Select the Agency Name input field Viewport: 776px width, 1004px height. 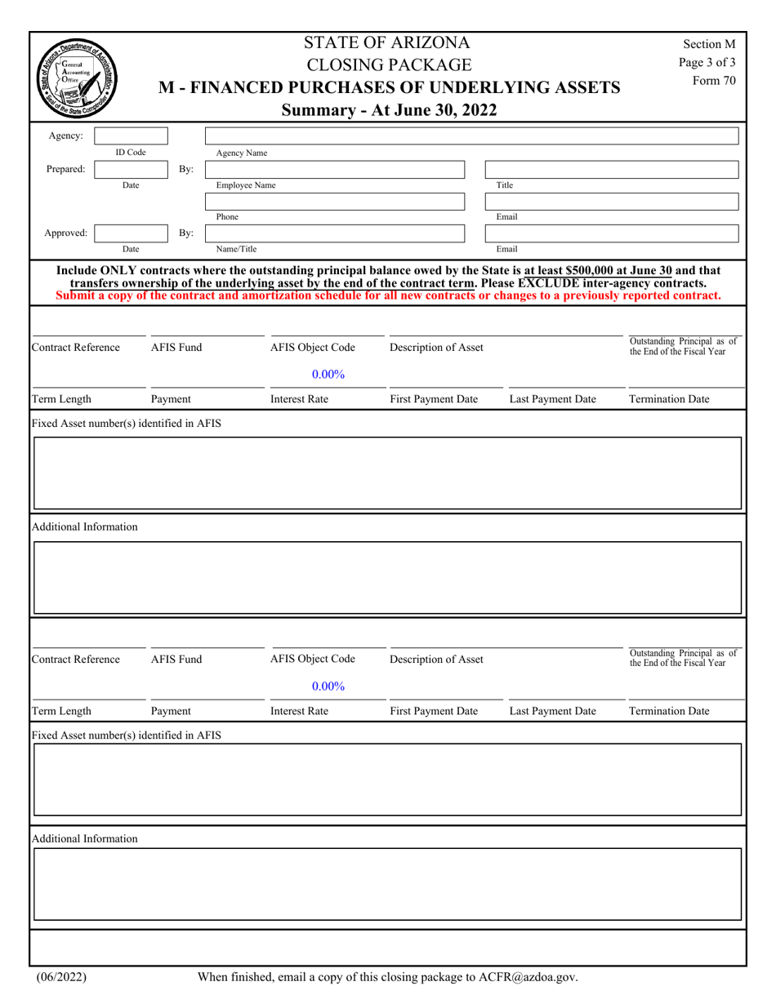click(x=472, y=135)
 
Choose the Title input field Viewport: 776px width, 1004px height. click(x=613, y=169)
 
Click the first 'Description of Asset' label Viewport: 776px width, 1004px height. click(x=436, y=347)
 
